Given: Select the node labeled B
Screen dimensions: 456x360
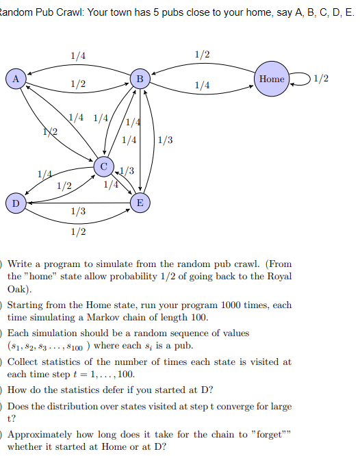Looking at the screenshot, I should point(140,79).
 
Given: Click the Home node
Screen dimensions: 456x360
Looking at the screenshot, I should point(272,79).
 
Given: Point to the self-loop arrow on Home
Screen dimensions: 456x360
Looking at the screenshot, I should point(300,79).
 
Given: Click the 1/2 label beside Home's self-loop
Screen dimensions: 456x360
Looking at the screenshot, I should point(320,79).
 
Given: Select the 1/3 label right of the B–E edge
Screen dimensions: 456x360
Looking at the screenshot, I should point(165,141).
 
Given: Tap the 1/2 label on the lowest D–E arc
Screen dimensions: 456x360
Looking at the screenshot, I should point(78,232).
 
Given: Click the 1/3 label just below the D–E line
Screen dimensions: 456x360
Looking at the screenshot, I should point(78,212).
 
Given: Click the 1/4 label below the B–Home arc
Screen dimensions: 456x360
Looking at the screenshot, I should point(203,85).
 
